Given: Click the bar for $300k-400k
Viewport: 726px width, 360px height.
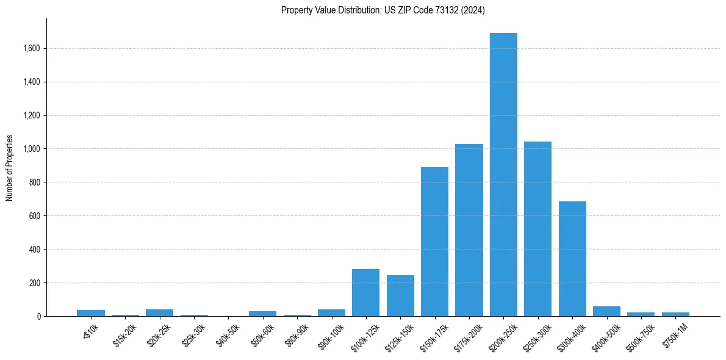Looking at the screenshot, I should tap(572, 259).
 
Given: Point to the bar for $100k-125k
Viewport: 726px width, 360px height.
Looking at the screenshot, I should tap(365, 293).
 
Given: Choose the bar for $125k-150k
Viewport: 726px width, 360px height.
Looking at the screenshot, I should tap(400, 296).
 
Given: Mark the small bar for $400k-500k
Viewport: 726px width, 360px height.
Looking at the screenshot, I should tap(606, 311).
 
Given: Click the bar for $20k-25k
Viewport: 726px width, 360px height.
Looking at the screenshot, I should tap(159, 312).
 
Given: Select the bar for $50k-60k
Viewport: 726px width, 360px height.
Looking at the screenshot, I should tap(262, 314).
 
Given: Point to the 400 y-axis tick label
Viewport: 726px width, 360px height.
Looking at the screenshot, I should tap(34, 250).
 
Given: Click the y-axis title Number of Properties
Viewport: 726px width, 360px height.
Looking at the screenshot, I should tap(9, 168).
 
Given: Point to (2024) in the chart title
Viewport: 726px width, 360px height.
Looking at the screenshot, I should tap(473, 10).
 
